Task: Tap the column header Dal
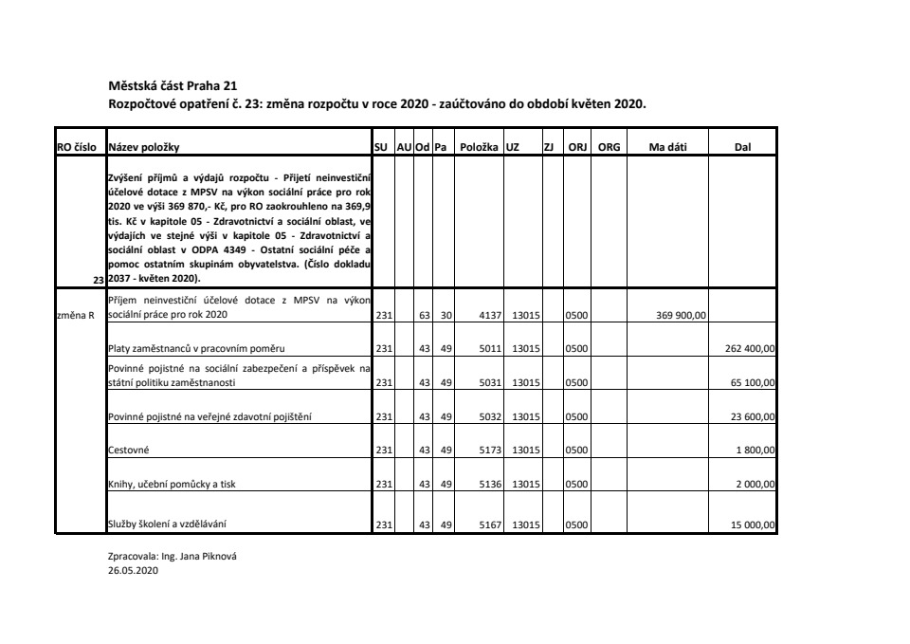tap(742, 147)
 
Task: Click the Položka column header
tap(479, 147)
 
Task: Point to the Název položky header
tap(143, 147)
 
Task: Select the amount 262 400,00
tap(750, 349)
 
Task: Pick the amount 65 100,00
tap(753, 383)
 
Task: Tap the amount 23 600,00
tap(753, 416)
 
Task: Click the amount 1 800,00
tap(755, 451)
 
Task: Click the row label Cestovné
tap(129, 451)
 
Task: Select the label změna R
tap(76, 316)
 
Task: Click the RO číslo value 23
tap(98, 280)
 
